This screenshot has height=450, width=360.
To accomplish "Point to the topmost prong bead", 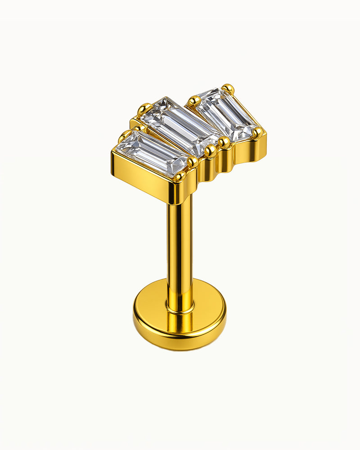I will tap(228, 88).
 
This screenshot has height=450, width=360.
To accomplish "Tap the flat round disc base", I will tap(180, 315).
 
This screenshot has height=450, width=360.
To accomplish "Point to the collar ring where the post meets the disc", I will tap(180, 309).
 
